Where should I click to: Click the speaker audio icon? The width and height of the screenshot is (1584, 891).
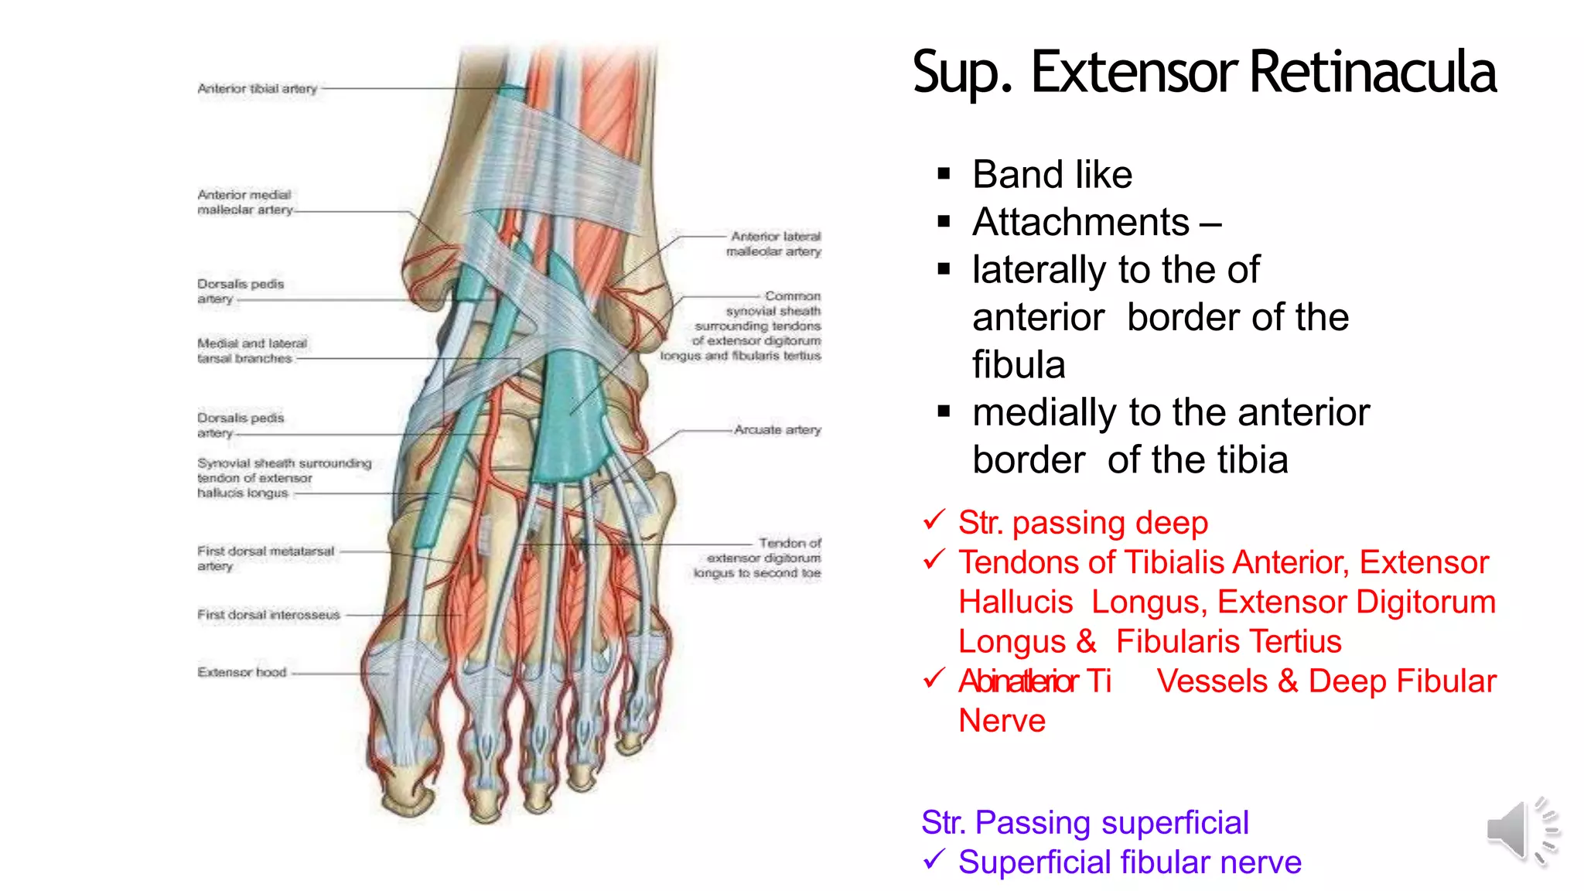point(1521,831)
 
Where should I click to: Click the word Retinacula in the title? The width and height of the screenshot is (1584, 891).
point(1372,72)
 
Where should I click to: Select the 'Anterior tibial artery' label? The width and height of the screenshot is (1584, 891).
point(258,89)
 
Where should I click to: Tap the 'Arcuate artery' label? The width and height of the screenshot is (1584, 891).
point(777,430)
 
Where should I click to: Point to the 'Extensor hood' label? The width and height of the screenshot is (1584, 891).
point(242,672)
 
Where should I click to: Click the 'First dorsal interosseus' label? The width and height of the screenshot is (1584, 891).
point(268,615)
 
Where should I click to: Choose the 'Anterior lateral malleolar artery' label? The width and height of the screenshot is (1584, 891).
point(774,244)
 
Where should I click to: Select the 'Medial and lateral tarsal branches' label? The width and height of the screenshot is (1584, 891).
point(251,350)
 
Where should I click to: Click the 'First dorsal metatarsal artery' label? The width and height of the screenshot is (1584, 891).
point(265,558)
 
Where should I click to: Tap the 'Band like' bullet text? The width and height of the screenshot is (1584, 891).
point(1052,175)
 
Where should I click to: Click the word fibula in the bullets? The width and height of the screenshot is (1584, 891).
point(1019,365)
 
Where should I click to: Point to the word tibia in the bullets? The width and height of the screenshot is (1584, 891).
point(1252,460)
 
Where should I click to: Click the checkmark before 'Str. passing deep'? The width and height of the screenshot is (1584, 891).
point(934,520)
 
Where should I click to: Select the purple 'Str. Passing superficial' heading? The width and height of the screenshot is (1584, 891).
point(1084,823)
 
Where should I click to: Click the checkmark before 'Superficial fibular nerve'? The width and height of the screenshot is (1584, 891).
point(934,859)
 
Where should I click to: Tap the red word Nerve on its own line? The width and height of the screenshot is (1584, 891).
point(1002,721)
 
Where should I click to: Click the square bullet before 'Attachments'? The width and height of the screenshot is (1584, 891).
point(944,223)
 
